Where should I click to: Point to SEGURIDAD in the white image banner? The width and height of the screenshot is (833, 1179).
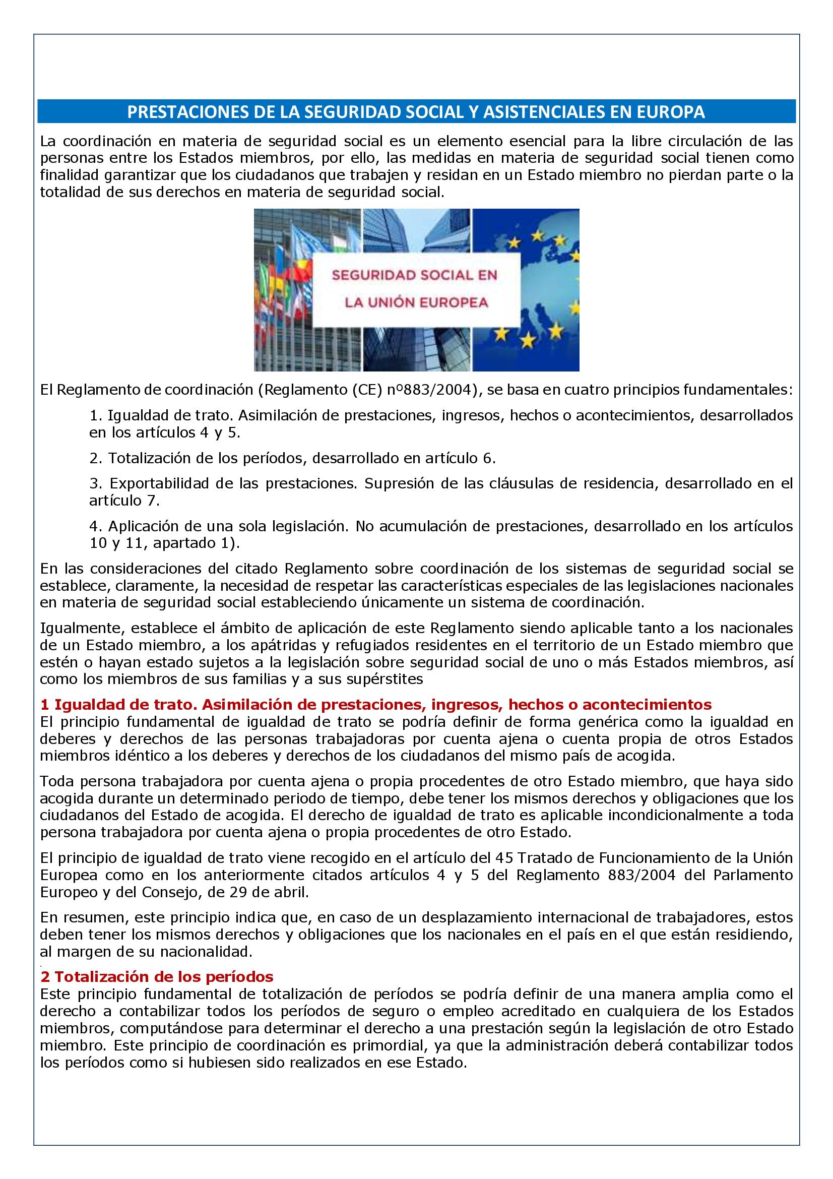373,275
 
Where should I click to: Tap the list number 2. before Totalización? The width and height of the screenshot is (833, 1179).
96,458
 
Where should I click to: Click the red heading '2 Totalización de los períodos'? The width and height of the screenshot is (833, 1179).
157,976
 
